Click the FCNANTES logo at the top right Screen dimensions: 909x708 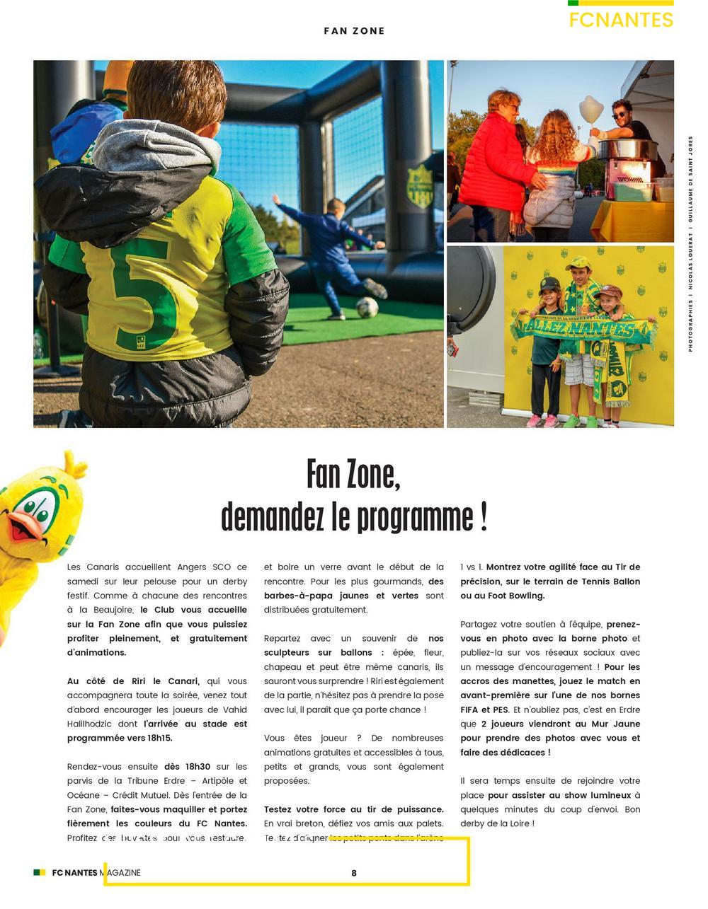[620, 19]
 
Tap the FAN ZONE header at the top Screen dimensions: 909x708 [354, 31]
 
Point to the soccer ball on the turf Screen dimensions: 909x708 [367, 307]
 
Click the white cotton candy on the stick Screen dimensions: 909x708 [590, 110]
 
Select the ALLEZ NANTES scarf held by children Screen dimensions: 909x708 [583, 328]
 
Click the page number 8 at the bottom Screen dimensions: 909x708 [354, 873]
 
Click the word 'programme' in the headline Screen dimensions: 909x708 [415, 517]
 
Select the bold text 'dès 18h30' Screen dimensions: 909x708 [187, 766]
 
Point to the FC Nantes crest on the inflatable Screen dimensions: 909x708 [420, 186]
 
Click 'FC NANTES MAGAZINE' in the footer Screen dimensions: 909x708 [96, 873]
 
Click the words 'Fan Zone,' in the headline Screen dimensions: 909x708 [353, 474]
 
